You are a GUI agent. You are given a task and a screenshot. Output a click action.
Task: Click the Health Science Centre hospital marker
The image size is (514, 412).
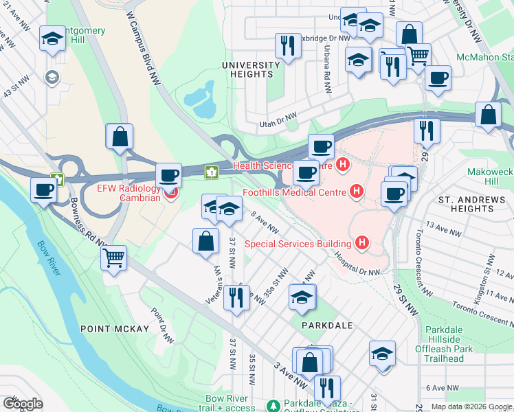[x=342, y=165]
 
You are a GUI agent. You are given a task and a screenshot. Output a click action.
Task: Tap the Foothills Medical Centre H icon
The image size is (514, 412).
[x=356, y=190]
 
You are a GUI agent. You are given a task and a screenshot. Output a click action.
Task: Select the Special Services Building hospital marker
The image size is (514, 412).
[x=362, y=243]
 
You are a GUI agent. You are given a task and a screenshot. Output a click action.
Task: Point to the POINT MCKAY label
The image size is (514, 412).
[x=114, y=329]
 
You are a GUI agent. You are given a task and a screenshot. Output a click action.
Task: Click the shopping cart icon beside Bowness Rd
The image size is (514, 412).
[x=113, y=258]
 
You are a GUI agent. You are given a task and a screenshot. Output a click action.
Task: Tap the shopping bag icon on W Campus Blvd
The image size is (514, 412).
[x=120, y=136]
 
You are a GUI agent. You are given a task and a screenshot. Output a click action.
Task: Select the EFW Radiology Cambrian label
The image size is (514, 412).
[x=131, y=192]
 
